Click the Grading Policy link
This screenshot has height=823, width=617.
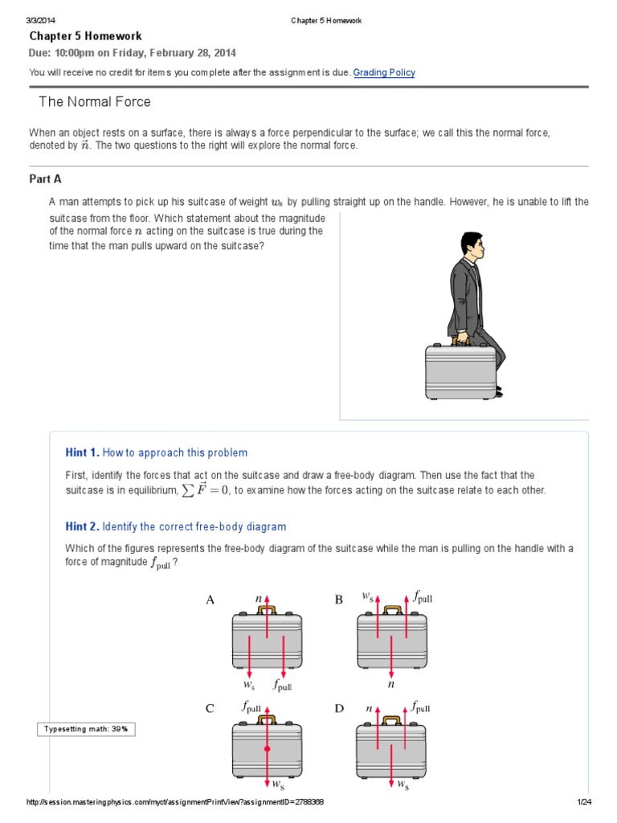tap(384, 72)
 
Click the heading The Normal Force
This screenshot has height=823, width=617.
tap(95, 102)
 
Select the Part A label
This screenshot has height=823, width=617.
tap(47, 179)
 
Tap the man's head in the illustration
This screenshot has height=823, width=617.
tap(472, 247)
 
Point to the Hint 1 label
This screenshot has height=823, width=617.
tap(82, 452)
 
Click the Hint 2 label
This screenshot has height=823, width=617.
tap(82, 526)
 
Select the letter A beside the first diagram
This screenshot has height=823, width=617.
tap(211, 600)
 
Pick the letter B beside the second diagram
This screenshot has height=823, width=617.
tap(339, 600)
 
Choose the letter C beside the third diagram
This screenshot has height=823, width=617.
tap(210, 708)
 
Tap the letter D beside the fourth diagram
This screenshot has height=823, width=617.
tap(339, 708)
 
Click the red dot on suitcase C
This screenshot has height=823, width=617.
tap(267, 748)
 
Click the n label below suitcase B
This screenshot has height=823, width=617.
tap(391, 686)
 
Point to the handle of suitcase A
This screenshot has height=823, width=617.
tap(267, 611)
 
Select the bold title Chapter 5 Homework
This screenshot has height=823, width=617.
tap(86, 36)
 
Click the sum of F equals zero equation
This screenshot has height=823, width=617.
tap(215, 490)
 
